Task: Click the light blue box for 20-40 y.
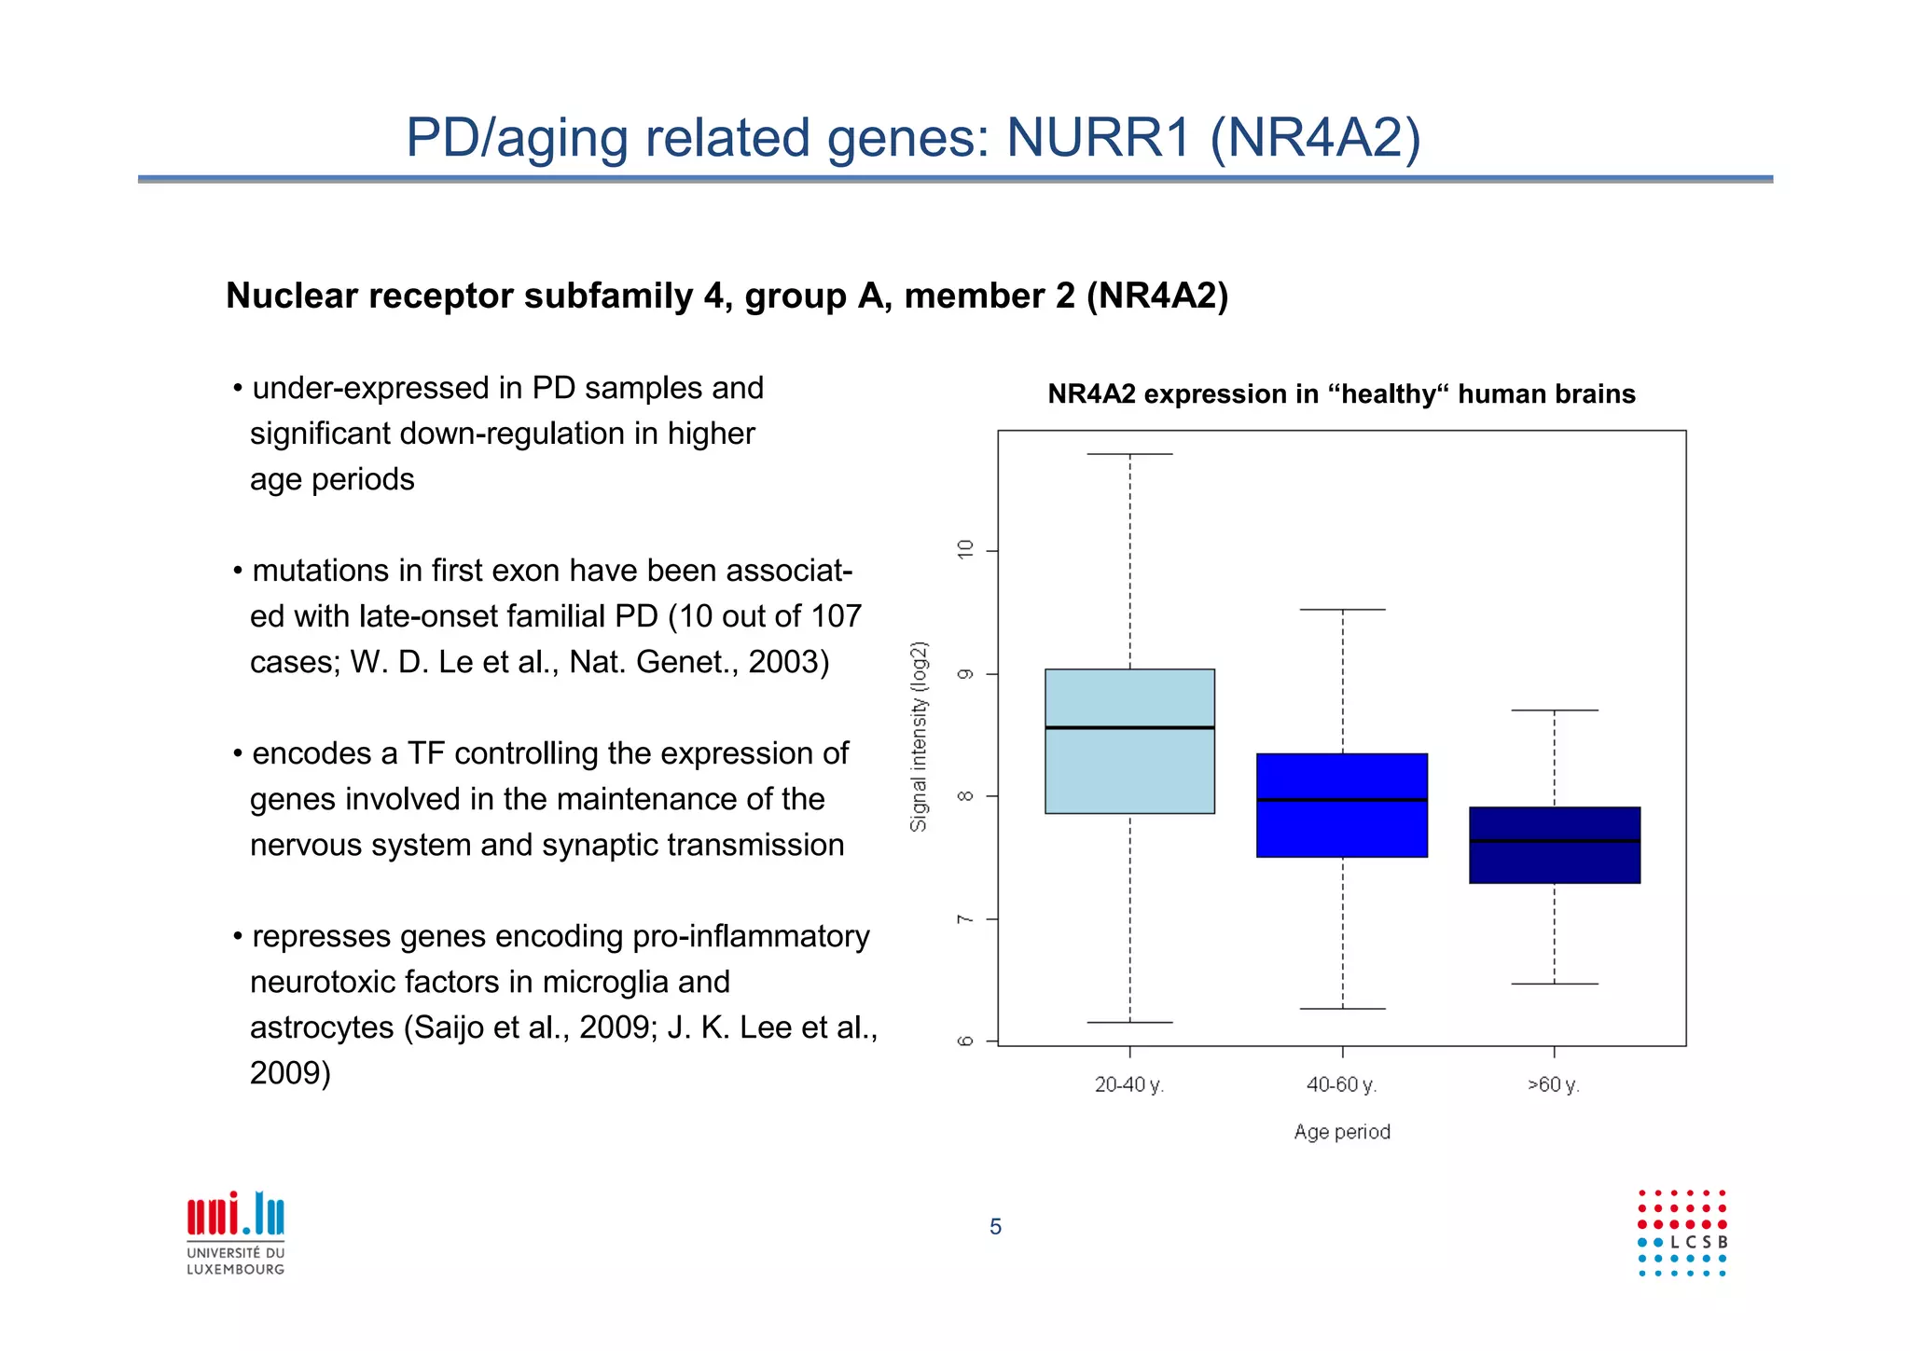coord(1129,774)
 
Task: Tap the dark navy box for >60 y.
coord(1554,862)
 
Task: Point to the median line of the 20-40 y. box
coord(1129,727)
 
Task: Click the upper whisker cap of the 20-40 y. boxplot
coord(1129,454)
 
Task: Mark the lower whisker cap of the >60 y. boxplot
coord(1554,984)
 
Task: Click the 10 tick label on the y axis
coord(965,549)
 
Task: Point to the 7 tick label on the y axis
coord(965,919)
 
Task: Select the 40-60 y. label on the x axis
coord(1341,1085)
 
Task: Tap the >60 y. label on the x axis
coord(1553,1085)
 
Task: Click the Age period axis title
coord(1342,1132)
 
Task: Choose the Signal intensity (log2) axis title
coord(920,737)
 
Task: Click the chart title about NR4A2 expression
coord(1341,394)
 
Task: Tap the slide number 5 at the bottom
coord(995,1227)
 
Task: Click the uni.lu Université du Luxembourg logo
coord(236,1233)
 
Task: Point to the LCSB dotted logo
coord(1682,1233)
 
